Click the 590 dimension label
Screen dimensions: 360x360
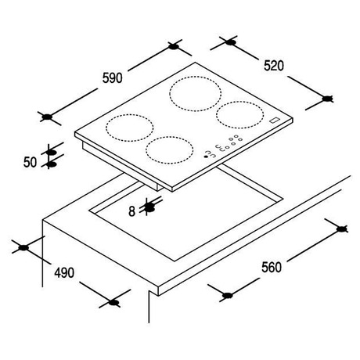point(112,77)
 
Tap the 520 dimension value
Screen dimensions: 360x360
point(273,66)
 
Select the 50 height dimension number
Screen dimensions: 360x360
point(30,162)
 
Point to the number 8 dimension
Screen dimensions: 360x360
point(132,211)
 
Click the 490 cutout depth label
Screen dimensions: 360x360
point(64,272)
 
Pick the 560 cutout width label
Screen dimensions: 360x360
point(272,267)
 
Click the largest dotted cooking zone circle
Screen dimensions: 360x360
point(196,93)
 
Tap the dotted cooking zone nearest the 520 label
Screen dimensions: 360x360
point(239,115)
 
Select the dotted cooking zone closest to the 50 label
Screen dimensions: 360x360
point(129,128)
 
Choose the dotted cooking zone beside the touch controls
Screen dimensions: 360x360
point(170,150)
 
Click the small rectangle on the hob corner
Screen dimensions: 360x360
point(275,120)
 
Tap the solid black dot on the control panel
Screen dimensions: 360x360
point(206,157)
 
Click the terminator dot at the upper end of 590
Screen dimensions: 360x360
point(174,47)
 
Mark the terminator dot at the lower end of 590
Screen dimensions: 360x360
point(47,117)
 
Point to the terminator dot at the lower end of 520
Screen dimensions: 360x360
point(326,99)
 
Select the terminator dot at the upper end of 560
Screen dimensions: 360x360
point(341,229)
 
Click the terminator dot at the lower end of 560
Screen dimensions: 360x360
point(228,295)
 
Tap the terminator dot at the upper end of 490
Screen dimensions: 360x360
point(23,247)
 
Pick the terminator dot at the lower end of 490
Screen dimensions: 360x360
point(113,303)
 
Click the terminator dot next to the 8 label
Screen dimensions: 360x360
point(149,207)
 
